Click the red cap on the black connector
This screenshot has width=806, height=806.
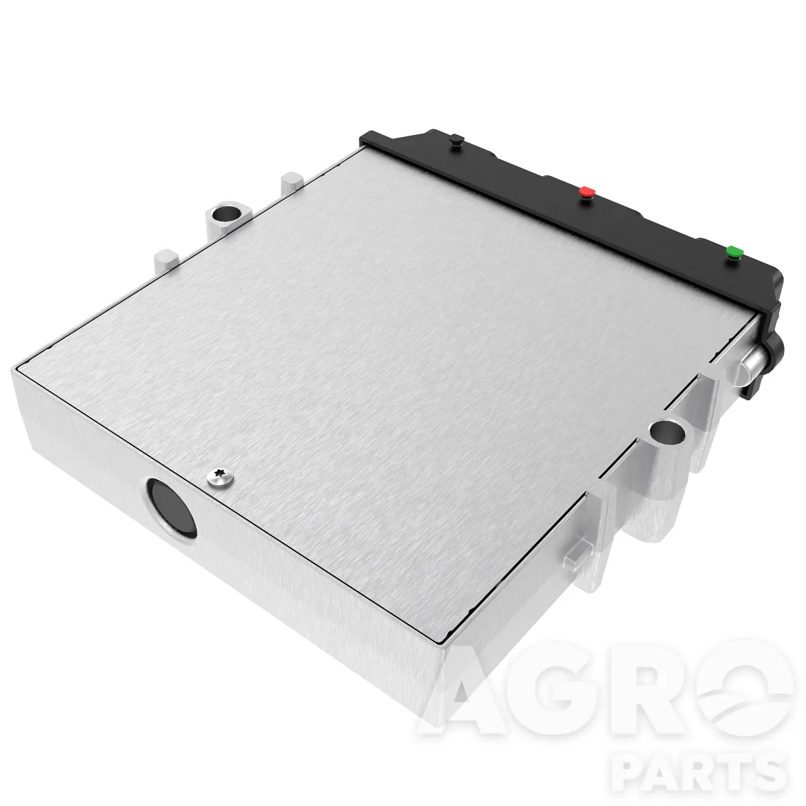587,191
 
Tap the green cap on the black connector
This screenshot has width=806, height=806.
735,251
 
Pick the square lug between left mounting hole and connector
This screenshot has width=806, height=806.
292,183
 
